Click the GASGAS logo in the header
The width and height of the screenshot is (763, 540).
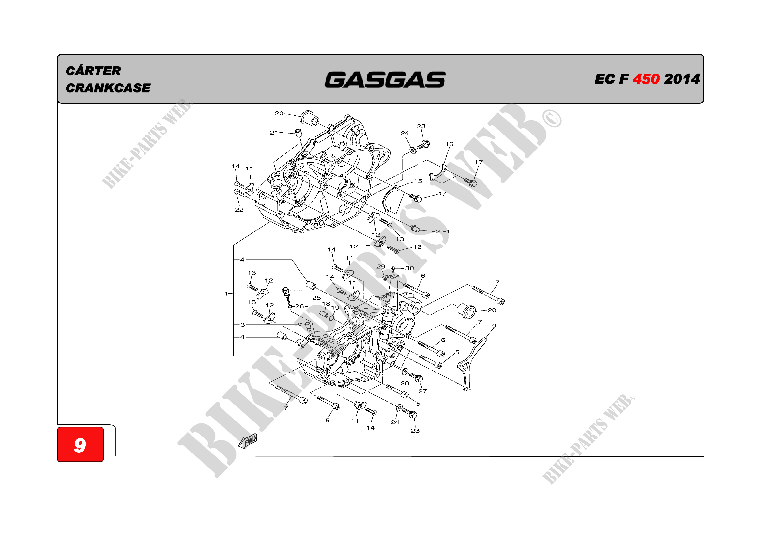click(385, 80)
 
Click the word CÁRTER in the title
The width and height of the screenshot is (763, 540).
click(93, 71)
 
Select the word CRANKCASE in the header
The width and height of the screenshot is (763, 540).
click(108, 88)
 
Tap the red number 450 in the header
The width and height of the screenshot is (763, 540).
click(646, 79)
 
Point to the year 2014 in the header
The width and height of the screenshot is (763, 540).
click(682, 79)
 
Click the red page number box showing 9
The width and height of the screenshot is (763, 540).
click(81, 444)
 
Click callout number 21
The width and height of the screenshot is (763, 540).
click(274, 132)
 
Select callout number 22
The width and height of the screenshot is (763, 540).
click(239, 210)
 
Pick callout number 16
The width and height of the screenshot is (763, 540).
click(449, 144)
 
